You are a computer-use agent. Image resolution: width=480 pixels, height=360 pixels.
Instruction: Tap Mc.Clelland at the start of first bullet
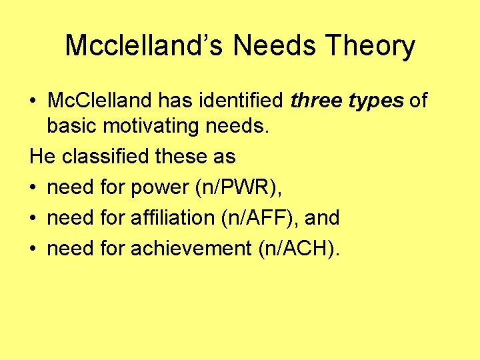pyautogui.click(x=99, y=101)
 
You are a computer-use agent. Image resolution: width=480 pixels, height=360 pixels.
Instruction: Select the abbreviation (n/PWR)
pyautogui.click(x=237, y=188)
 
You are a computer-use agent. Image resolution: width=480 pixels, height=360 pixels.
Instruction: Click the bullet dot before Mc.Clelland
pyautogui.click(x=33, y=101)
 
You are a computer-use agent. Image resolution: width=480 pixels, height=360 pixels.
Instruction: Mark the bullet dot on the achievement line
pyautogui.click(x=33, y=249)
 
